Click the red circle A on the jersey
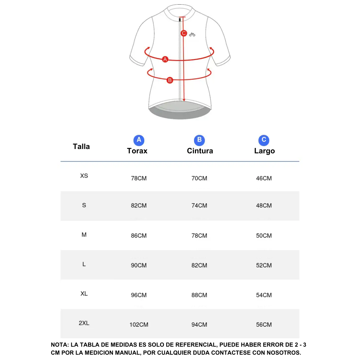tap(165, 59)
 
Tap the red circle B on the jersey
tap(170, 80)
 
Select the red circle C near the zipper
tap(184, 33)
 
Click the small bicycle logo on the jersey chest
tap(192, 34)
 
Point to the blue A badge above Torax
tap(139, 140)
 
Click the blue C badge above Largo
tap(264, 140)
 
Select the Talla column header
tap(81, 146)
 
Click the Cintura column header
tap(200, 151)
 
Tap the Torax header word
tap(137, 151)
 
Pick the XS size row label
tap(84, 176)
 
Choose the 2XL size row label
tap(84, 323)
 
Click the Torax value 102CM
tap(139, 325)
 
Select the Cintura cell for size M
tap(199, 236)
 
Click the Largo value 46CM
tap(264, 178)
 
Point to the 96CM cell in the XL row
tap(139, 295)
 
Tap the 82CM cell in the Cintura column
tap(199, 265)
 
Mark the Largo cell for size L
tap(264, 265)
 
